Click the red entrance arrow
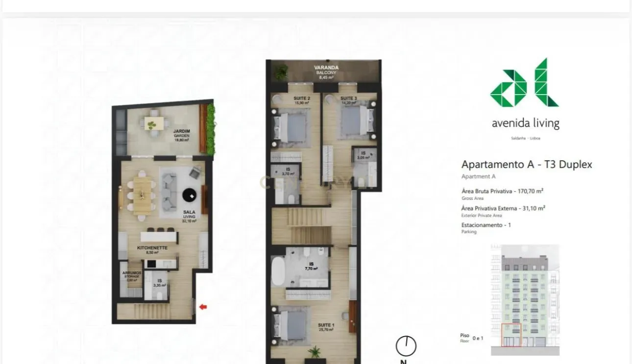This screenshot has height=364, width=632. (203, 307)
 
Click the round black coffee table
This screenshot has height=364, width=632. (190, 195)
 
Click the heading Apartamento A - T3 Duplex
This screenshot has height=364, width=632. (526, 165)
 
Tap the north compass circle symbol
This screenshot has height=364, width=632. (406, 346)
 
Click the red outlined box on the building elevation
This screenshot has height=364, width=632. (511, 335)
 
